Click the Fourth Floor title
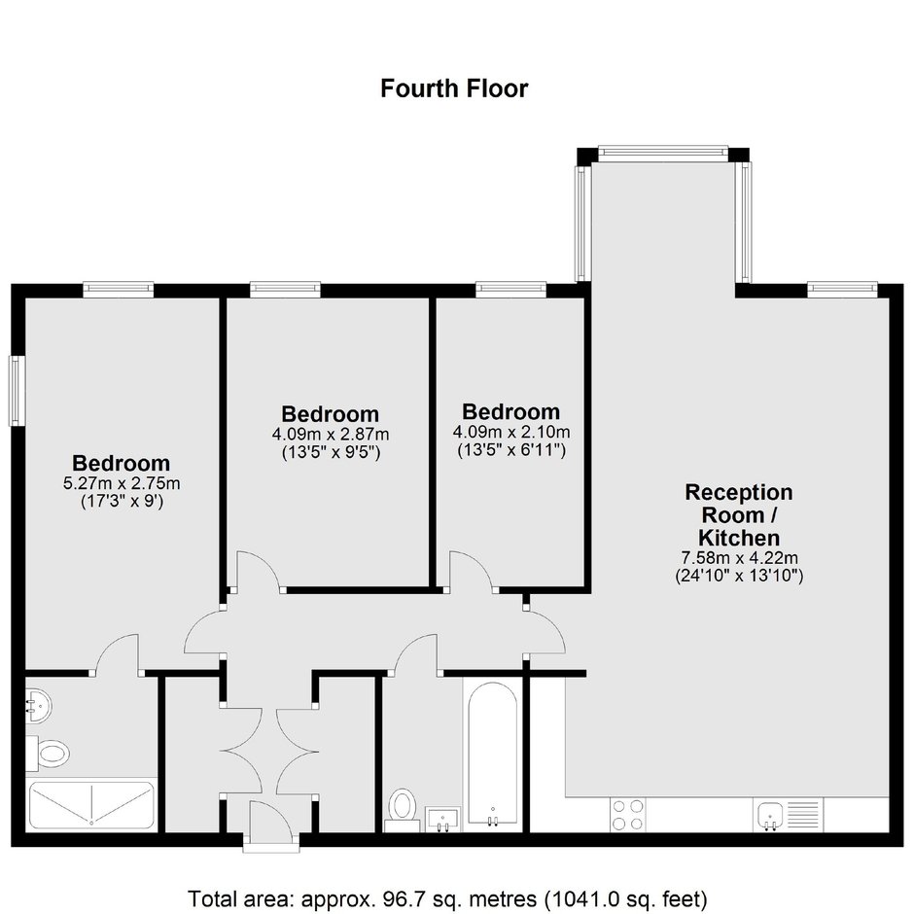[454, 88]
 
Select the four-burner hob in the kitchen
[628, 815]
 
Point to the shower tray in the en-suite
[91, 805]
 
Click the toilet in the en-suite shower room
[48, 754]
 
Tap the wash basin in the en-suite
[38, 705]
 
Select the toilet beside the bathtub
[403, 809]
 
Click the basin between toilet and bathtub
[443, 819]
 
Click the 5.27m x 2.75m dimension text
[122, 483]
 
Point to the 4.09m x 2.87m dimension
[331, 435]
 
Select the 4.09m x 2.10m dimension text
[511, 432]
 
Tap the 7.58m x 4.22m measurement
[739, 558]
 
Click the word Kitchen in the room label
[739, 538]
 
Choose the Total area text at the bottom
[447, 898]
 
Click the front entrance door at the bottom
[271, 822]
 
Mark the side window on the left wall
[16, 391]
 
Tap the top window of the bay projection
[663, 153]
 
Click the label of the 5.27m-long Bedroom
[122, 463]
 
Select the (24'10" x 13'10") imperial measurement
[739, 576]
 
